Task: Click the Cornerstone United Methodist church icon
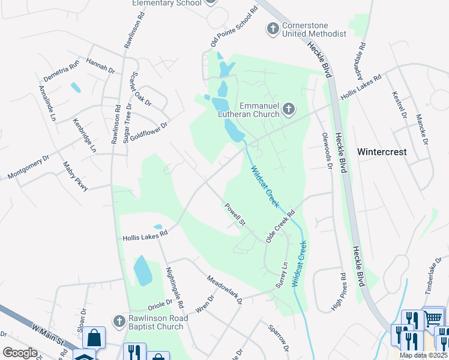pyautogui.click(x=273, y=28)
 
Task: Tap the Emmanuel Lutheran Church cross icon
pyautogui.click(x=289, y=109)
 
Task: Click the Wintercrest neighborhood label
pyautogui.click(x=382, y=152)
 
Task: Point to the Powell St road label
pyautogui.click(x=236, y=215)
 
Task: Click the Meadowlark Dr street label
pyautogui.click(x=224, y=289)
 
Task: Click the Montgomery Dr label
pyautogui.click(x=29, y=168)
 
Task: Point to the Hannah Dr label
pyautogui.click(x=100, y=65)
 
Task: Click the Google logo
pyautogui.click(x=20, y=353)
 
